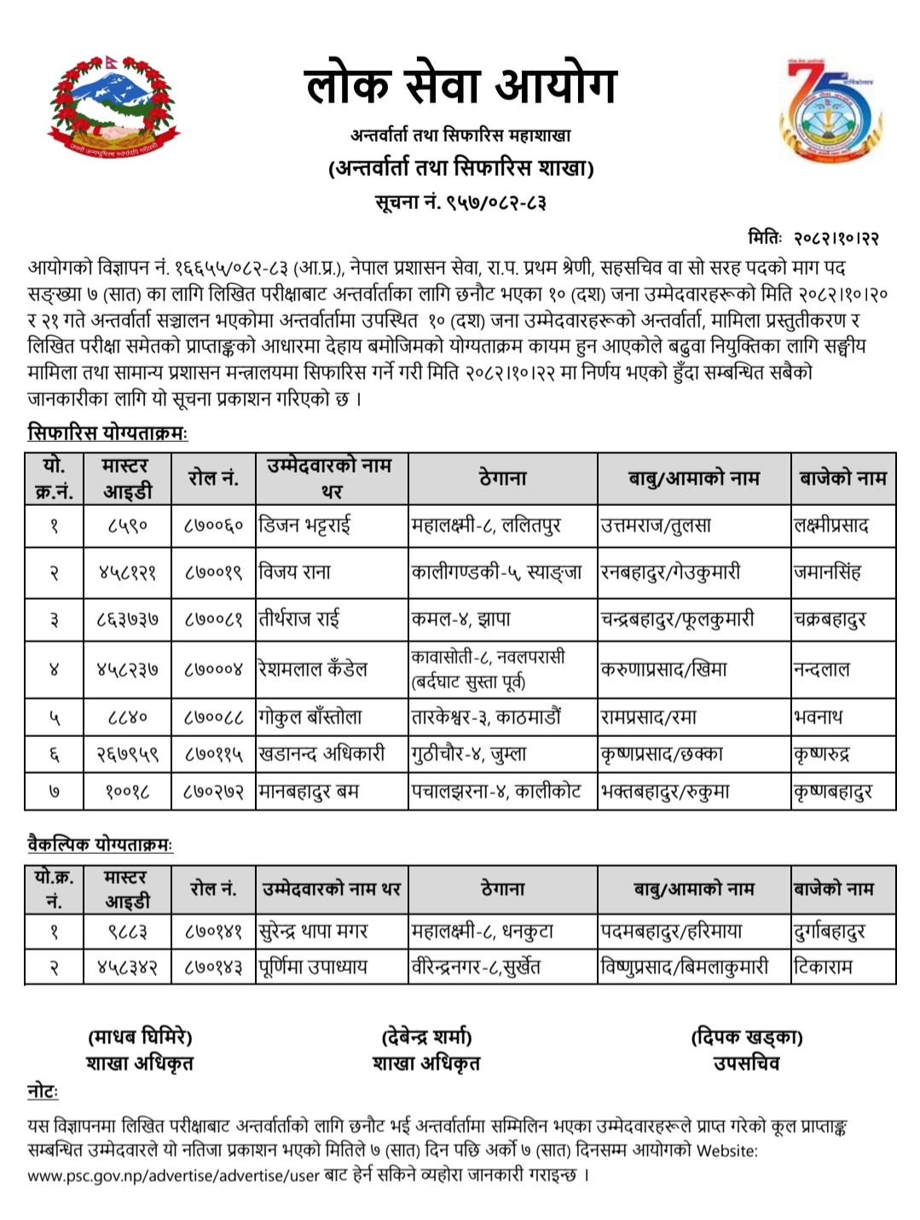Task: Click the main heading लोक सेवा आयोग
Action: pos(460,85)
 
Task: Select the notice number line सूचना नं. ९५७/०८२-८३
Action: pos(460,202)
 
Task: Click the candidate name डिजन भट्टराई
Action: pos(305,526)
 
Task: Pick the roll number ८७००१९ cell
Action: pos(213,572)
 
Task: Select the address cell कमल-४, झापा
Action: pos(461,620)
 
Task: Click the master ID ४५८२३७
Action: pos(127,670)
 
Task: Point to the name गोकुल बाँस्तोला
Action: pos(310,717)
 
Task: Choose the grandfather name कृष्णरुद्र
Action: pos(821,754)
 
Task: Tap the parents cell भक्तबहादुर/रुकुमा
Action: pos(665,792)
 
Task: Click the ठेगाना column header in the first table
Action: pos(503,479)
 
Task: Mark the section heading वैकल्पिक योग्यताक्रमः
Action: pos(101,845)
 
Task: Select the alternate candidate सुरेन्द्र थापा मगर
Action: pos(314,931)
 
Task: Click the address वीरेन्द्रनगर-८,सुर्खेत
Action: pos(476,967)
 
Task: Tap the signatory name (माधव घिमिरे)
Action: pos(140,1037)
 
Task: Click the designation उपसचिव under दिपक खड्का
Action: pos(746,1063)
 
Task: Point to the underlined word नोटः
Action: pos(43,1092)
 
